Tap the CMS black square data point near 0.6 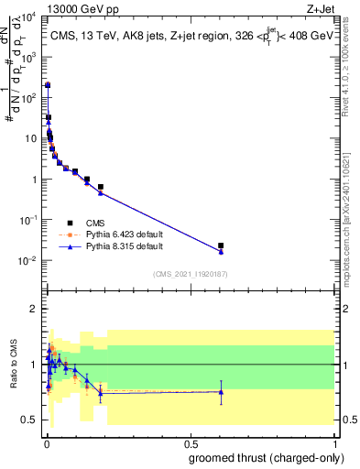pos(221,245)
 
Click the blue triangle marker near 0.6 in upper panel pos(221,252)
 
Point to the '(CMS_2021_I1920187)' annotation pos(190,273)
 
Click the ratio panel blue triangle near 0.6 pos(221,392)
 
